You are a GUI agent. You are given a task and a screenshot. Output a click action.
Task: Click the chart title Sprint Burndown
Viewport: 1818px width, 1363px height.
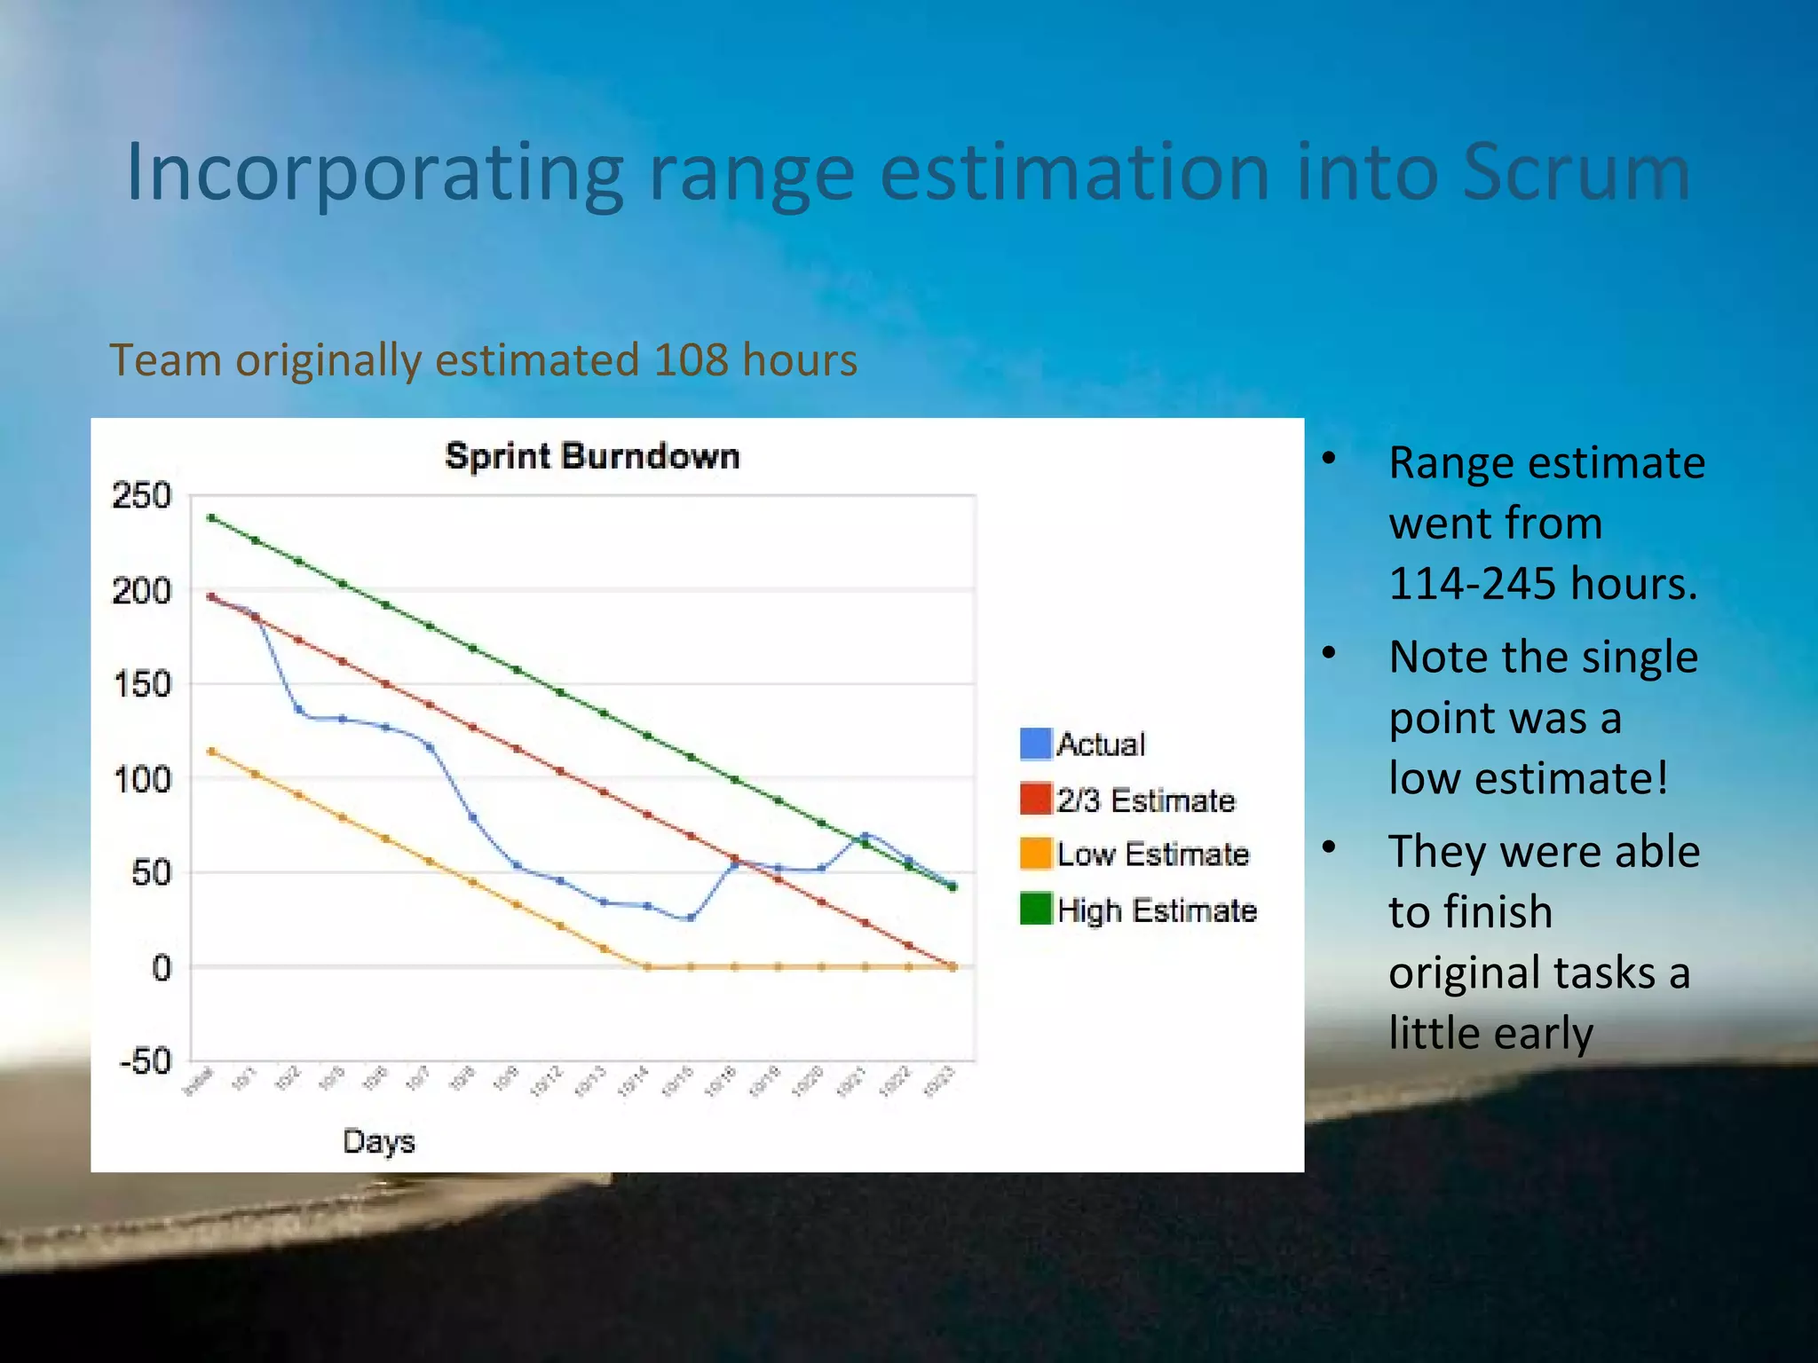tap(592, 456)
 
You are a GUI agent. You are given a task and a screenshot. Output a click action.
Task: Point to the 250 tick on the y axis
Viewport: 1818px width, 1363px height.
tap(141, 495)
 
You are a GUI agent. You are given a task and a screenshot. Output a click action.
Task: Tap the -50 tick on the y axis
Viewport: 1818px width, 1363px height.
tap(146, 1060)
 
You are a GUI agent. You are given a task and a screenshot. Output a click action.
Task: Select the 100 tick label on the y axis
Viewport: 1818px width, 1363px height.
tap(142, 780)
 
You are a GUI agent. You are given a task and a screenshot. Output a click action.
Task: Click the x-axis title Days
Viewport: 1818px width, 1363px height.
tap(379, 1141)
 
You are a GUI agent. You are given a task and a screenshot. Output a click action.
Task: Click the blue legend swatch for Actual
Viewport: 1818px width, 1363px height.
tap(1036, 744)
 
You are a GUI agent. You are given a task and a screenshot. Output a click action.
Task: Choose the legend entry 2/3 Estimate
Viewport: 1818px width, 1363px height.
tap(1145, 800)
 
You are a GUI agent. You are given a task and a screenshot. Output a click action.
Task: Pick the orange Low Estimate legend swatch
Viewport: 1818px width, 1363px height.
tap(1036, 854)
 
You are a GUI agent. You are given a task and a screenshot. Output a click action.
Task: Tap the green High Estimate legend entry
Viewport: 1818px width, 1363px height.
tap(1157, 910)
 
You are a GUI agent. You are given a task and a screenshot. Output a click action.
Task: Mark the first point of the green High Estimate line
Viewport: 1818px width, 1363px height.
tap(211, 517)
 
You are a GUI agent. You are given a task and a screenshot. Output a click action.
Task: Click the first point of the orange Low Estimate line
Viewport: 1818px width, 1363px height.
tap(211, 752)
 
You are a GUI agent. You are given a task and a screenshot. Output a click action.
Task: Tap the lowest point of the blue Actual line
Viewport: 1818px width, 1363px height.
tap(691, 918)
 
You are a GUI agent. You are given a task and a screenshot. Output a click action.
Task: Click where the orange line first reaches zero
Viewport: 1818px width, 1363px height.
tap(647, 967)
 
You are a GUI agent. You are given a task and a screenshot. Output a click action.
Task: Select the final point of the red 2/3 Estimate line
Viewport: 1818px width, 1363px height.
tap(952, 966)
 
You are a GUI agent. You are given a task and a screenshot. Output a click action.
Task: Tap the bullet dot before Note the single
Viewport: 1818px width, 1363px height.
tap(1329, 654)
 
